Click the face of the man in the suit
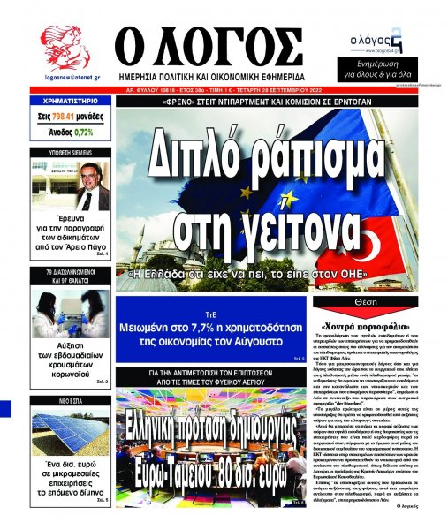tap(92, 178)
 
